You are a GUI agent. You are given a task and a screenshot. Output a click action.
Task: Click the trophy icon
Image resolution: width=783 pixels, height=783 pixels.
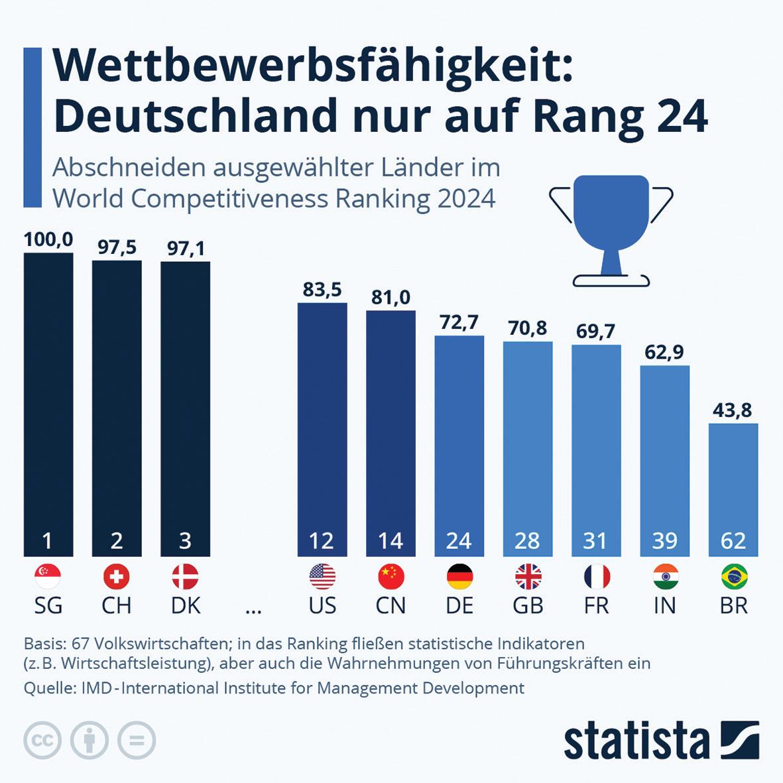click(x=611, y=229)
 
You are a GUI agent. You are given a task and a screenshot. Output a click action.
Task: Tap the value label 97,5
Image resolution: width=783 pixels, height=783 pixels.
click(x=117, y=247)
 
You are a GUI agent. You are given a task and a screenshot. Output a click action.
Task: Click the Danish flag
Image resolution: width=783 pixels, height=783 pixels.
click(x=185, y=577)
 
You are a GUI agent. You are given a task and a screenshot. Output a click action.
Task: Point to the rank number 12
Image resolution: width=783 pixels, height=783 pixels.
click(x=322, y=541)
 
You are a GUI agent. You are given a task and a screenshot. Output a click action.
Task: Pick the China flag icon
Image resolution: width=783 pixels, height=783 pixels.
click(x=391, y=577)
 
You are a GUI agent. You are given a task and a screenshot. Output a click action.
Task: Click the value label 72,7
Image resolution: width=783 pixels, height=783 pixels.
click(x=459, y=322)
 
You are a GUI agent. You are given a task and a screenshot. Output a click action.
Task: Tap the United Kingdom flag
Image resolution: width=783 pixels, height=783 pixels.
click(x=528, y=577)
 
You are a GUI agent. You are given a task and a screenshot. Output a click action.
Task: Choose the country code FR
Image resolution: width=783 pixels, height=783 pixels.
click(x=596, y=605)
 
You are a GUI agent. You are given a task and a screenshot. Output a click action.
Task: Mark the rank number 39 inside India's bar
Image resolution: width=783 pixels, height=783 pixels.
click(x=664, y=541)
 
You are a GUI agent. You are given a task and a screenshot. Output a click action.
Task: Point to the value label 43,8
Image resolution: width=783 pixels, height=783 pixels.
click(x=733, y=410)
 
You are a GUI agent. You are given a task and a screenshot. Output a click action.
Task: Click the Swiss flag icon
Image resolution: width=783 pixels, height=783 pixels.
click(x=117, y=577)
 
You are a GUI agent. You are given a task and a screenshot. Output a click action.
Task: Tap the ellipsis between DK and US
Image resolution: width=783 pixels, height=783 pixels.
click(x=253, y=609)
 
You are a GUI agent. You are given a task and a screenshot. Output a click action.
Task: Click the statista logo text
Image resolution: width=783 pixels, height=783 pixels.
click(x=636, y=741)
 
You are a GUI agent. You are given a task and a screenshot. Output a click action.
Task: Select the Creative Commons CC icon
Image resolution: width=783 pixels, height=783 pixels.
click(x=42, y=740)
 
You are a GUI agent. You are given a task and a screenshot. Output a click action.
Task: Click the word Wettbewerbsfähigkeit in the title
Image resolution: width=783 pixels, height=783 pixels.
click(x=312, y=68)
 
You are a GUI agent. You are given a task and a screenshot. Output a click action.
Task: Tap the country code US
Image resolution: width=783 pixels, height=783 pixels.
click(x=322, y=605)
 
